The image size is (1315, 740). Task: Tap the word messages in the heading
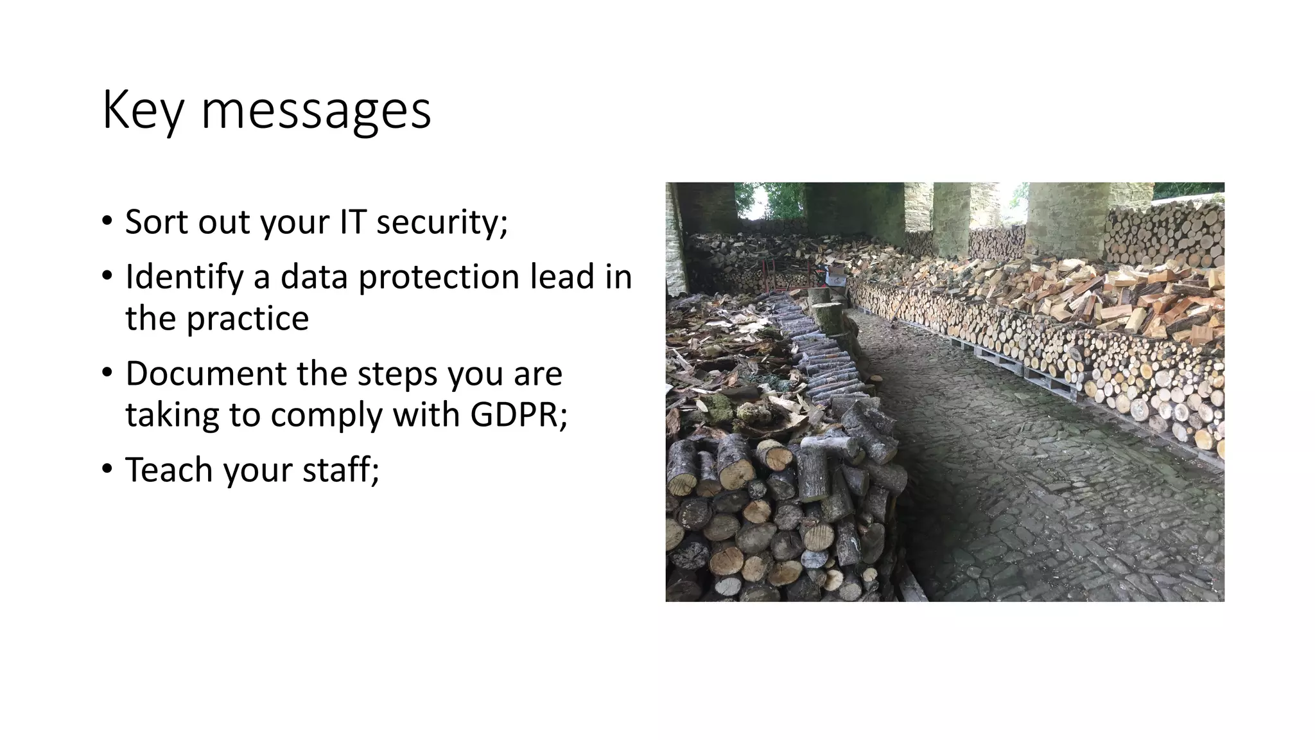click(316, 111)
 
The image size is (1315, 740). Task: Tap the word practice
click(247, 318)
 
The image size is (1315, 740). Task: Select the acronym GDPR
click(518, 414)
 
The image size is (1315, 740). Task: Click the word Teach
click(168, 470)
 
